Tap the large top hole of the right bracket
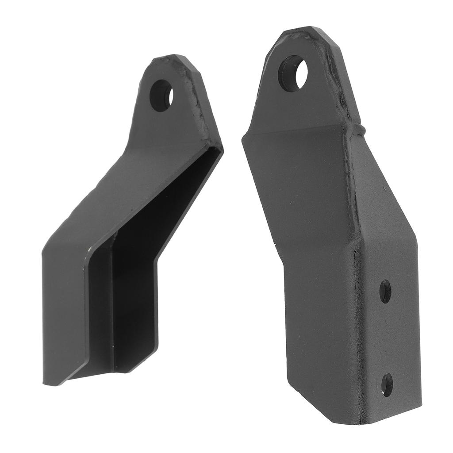(293, 73)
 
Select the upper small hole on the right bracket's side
(385, 292)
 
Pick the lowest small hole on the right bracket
(387, 384)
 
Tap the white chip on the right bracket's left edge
(276, 243)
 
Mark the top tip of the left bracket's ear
(170, 58)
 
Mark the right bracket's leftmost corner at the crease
(243, 139)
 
